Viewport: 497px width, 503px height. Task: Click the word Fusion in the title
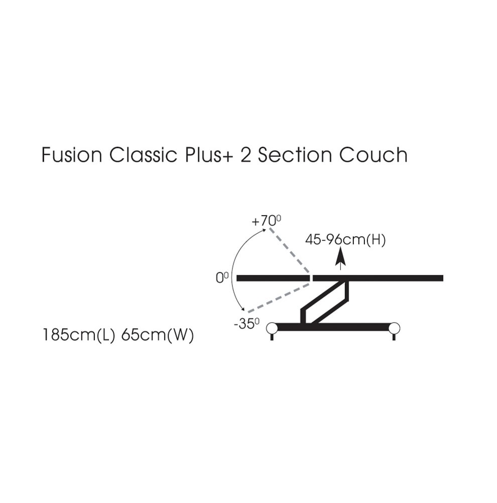pos(72,155)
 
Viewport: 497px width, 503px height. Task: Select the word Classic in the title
pos(143,155)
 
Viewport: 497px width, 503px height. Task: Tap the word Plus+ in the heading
pos(209,155)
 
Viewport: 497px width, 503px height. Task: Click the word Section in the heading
pos(295,155)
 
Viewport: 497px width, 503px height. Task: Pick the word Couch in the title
pos(374,155)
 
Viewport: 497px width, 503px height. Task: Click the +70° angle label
pos(266,221)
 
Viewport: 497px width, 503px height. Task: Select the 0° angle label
pos(222,278)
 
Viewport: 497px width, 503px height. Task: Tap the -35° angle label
pos(246,324)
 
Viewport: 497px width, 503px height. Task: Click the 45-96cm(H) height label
pos(345,240)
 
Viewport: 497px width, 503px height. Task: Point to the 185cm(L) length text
pos(78,336)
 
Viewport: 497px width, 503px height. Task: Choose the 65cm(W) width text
pos(158,336)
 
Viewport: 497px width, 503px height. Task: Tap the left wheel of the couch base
pos(272,328)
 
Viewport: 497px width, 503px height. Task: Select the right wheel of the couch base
pos(394,328)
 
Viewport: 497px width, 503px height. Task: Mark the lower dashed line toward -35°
pos(279,297)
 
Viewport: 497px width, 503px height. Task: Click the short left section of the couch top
pos(273,278)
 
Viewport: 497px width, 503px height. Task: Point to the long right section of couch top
pos(378,278)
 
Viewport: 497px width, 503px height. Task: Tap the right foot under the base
pos(394,337)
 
